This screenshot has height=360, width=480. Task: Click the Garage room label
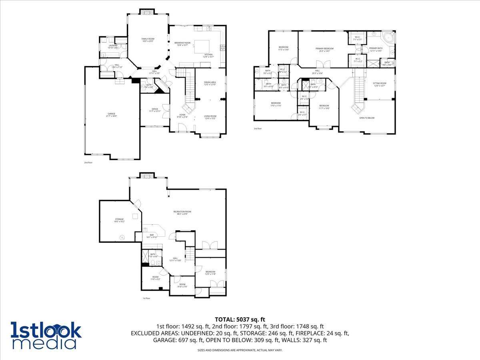111,115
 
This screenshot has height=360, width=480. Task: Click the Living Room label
210,117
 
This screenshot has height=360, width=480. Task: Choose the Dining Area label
210,83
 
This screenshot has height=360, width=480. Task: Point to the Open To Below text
367,118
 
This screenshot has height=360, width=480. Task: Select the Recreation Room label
182,212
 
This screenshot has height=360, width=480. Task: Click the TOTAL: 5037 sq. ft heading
240,319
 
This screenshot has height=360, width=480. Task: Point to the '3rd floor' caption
258,129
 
